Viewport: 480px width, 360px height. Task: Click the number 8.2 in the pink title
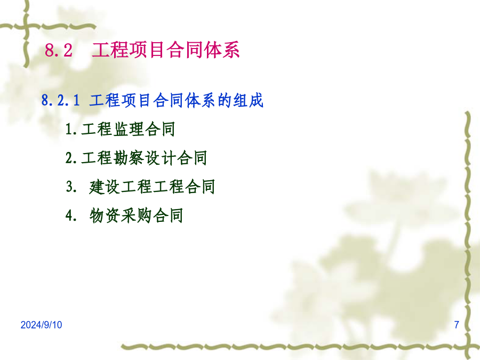click(x=59, y=50)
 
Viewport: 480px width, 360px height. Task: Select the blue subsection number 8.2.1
click(x=61, y=100)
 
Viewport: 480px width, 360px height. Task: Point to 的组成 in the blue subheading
click(x=241, y=100)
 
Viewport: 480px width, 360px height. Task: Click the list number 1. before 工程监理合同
click(x=71, y=129)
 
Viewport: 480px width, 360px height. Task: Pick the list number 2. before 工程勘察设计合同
click(x=71, y=158)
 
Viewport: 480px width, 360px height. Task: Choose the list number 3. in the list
click(x=71, y=187)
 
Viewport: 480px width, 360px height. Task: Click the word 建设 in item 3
click(x=105, y=187)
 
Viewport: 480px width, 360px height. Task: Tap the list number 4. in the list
click(x=71, y=215)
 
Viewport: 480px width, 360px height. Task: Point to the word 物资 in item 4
click(x=105, y=215)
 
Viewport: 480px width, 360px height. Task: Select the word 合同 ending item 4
click(x=168, y=215)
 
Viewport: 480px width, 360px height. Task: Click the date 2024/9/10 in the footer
click(x=41, y=325)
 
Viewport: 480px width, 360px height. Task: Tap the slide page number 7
click(x=457, y=325)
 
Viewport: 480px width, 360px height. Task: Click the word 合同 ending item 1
click(x=160, y=129)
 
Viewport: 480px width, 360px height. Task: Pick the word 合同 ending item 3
click(x=199, y=187)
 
